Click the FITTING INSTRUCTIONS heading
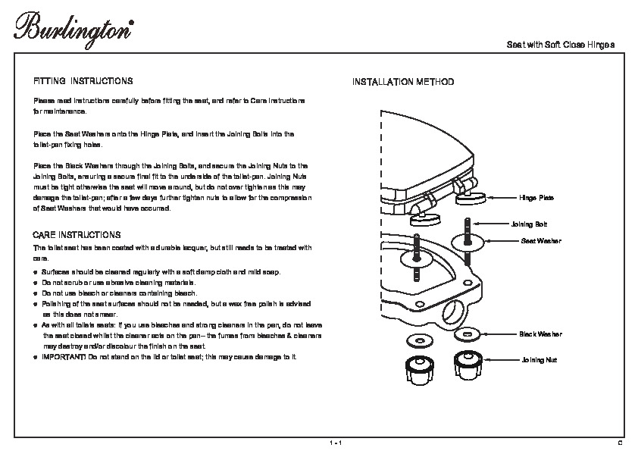pos(83,80)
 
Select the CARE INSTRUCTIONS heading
pos(77,235)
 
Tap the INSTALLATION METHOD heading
pos(402,81)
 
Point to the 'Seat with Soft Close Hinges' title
pos(560,45)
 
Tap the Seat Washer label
pos(540,240)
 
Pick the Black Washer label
pos(540,334)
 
